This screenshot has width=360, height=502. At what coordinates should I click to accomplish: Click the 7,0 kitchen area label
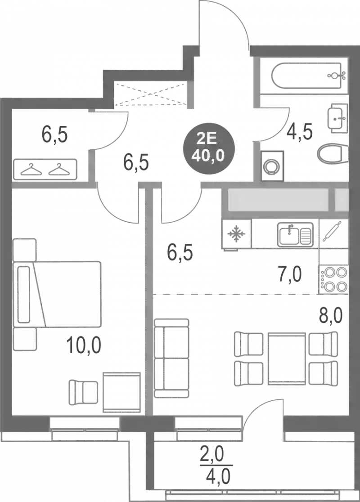[x=291, y=273]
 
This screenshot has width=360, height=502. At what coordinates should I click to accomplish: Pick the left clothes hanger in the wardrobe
[x=31, y=170]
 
